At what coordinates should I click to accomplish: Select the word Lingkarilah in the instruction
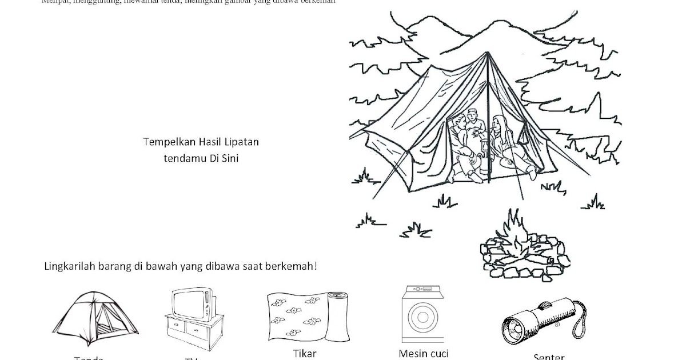click(x=69, y=267)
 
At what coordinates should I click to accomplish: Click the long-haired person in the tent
click(x=501, y=139)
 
